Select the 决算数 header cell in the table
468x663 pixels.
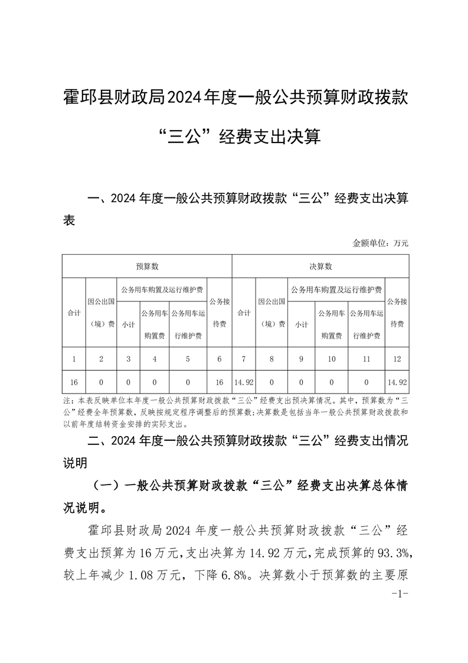point(320,266)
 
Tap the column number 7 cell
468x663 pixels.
point(244,359)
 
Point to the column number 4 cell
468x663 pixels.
point(154,359)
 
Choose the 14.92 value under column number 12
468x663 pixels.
point(397,382)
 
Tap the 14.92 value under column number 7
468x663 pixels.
point(244,382)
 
